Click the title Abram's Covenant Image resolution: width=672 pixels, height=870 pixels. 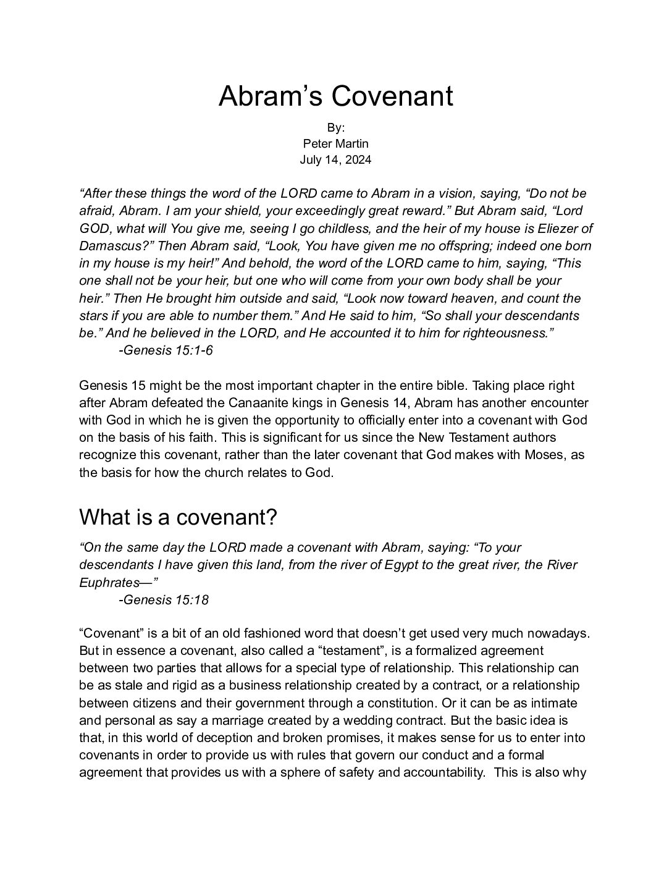click(335, 96)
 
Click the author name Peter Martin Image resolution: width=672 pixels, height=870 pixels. click(335, 143)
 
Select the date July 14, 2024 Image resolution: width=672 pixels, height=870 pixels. click(335, 160)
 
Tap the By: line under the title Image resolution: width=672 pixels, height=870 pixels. click(335, 127)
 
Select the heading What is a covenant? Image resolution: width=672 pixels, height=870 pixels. click(178, 517)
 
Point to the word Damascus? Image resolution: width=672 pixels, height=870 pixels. click(111, 245)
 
